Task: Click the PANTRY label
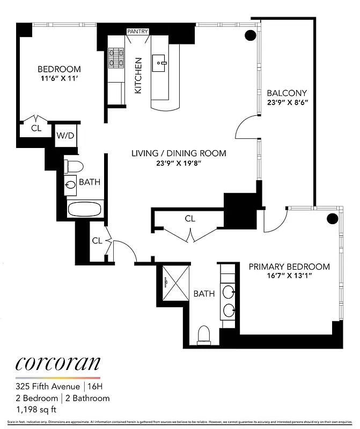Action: click(137, 32)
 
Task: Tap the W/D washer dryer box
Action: click(65, 135)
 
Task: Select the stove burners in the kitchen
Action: click(116, 58)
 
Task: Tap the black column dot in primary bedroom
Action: click(333, 218)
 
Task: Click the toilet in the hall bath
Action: click(74, 165)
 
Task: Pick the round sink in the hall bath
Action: click(70, 186)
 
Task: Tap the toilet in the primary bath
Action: click(204, 335)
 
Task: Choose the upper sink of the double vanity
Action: click(229, 293)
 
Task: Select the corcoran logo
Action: click(57, 364)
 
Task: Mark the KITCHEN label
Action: click(138, 76)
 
